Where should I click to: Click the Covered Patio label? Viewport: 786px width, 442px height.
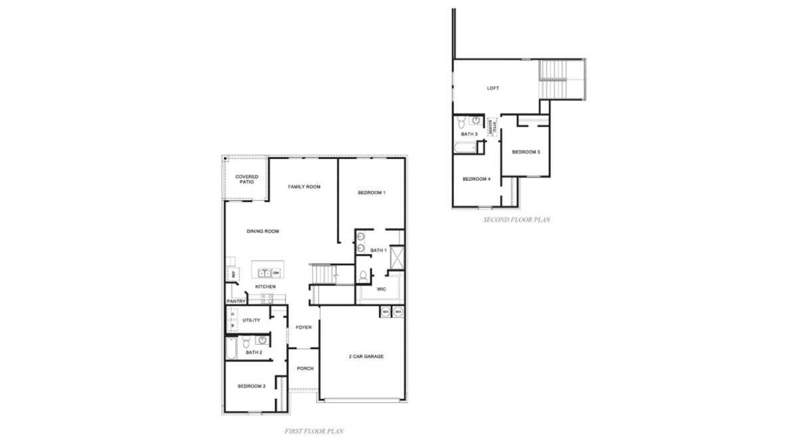pos(247,179)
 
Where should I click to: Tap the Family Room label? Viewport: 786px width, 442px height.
pos(304,187)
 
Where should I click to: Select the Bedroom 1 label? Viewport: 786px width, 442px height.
pos(372,193)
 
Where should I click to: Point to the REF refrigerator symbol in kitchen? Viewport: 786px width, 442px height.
pos(234,273)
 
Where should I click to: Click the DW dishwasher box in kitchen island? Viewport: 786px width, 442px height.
pos(275,273)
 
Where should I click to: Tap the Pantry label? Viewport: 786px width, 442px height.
pos(236,301)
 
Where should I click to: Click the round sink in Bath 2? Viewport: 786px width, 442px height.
pos(262,340)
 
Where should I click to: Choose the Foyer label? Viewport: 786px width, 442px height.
pos(303,328)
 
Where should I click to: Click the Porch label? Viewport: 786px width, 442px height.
pos(305,368)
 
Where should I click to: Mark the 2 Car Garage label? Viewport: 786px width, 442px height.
pos(366,356)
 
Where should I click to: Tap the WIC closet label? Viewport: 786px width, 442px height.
pos(381,289)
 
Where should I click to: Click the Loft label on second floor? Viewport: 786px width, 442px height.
pos(493,88)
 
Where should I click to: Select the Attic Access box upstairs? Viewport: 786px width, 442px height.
pos(492,127)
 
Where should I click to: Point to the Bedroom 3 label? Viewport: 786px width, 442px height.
pos(525,152)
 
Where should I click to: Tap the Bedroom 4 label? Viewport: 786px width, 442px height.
pos(476,179)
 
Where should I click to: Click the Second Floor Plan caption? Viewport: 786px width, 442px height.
pos(517,219)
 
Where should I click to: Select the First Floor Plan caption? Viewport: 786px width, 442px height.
pos(314,431)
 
